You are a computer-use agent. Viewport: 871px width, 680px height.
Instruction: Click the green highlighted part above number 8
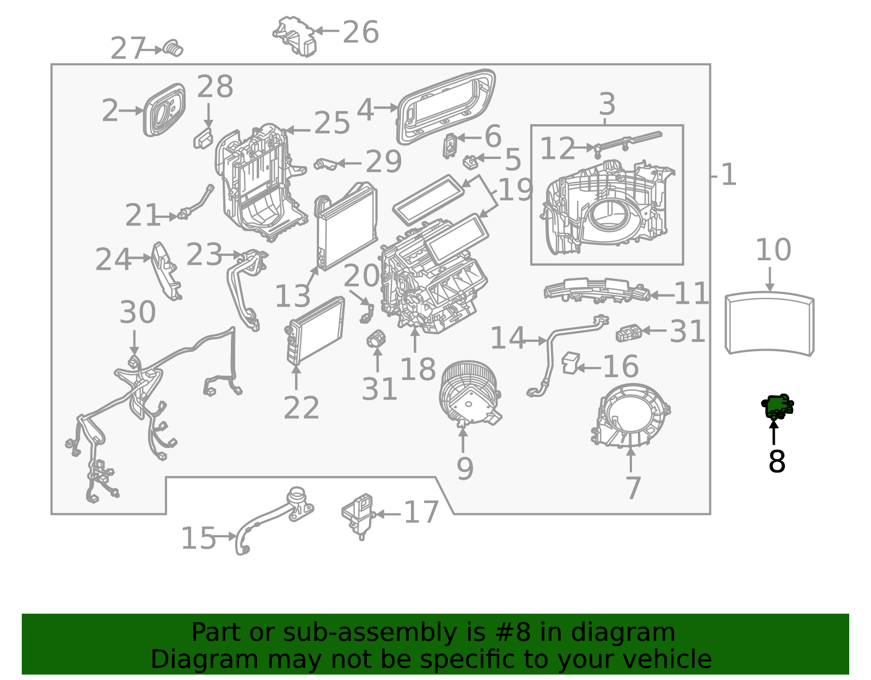tap(777, 406)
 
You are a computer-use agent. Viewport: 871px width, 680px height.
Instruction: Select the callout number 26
tap(360, 32)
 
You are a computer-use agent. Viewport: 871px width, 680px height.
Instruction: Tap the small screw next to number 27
tap(174, 48)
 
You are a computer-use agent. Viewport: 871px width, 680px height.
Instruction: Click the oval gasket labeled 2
tap(164, 110)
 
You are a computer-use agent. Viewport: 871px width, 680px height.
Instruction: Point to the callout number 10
tap(773, 249)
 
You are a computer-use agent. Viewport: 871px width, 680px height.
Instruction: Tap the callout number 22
tap(301, 408)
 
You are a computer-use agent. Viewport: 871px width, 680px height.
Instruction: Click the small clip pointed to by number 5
tap(470, 162)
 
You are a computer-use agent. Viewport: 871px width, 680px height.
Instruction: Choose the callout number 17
tap(421, 512)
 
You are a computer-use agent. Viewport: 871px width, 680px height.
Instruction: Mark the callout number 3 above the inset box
tap(607, 104)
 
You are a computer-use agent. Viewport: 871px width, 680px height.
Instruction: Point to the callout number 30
tap(138, 312)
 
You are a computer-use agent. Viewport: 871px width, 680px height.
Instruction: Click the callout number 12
tap(557, 148)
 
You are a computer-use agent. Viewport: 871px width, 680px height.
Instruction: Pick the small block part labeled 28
tap(203, 138)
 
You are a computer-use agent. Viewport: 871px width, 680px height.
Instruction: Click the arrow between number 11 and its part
tap(662, 295)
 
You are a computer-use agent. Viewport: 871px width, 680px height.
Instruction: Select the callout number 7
tap(633, 488)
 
